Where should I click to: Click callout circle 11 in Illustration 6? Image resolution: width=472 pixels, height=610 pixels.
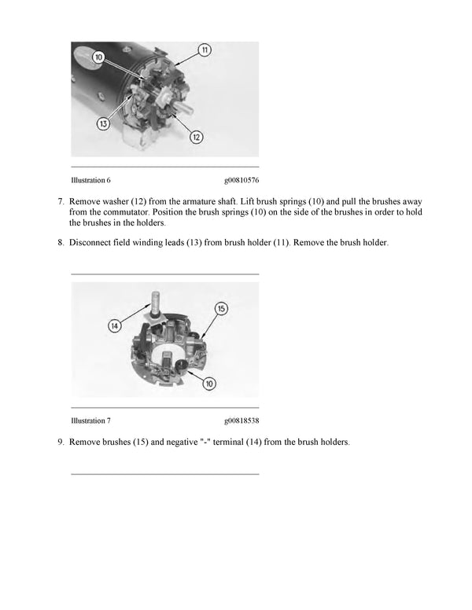pos(205,50)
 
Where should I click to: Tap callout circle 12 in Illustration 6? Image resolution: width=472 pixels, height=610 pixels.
pos(197,137)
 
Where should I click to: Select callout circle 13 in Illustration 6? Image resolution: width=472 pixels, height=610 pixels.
pos(103,123)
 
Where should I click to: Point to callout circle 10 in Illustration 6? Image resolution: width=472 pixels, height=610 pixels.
pos(98,57)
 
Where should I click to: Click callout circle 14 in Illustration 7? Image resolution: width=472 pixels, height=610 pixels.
pos(116,325)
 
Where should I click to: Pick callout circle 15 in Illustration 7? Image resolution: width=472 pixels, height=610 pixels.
pos(221,307)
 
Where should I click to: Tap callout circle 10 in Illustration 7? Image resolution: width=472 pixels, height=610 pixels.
pos(209,383)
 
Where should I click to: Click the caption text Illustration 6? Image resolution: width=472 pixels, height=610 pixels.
pos(91,180)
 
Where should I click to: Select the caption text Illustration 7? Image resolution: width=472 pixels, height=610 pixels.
pos(91,421)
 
